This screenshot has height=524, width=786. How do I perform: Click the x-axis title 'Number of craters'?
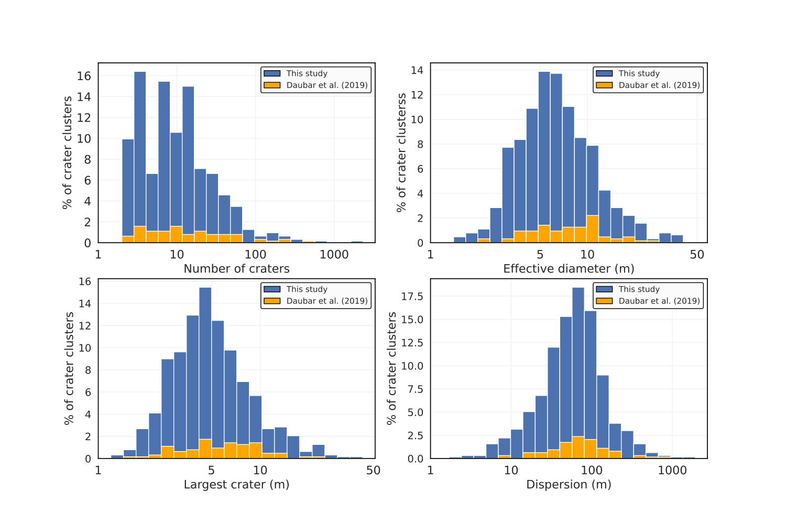(x=236, y=269)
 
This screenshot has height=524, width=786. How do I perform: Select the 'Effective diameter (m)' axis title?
(x=569, y=269)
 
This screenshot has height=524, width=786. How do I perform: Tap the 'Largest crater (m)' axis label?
(x=236, y=485)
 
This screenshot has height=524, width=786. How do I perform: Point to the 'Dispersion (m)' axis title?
(x=569, y=485)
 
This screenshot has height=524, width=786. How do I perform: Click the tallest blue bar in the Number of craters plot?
(x=140, y=157)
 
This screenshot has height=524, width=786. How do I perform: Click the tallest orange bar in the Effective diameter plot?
(x=593, y=229)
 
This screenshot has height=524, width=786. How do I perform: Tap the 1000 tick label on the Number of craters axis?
(x=334, y=255)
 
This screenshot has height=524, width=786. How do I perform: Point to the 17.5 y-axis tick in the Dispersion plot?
(x=412, y=297)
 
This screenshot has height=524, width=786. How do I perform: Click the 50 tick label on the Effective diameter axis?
(x=697, y=255)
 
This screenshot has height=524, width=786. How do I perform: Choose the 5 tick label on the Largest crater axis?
(x=211, y=470)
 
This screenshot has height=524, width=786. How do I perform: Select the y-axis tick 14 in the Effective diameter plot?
(x=417, y=70)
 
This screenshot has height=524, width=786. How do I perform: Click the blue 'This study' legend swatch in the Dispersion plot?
(x=604, y=289)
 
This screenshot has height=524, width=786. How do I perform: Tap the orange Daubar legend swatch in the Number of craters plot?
(x=272, y=85)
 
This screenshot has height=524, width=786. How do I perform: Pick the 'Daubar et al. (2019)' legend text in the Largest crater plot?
(x=327, y=301)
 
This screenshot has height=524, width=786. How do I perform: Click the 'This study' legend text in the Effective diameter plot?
(x=639, y=73)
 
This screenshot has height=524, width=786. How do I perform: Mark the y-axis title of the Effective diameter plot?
(x=402, y=152)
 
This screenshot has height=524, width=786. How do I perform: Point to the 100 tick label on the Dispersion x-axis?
(x=592, y=470)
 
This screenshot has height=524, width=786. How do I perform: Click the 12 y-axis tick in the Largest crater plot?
(x=85, y=325)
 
